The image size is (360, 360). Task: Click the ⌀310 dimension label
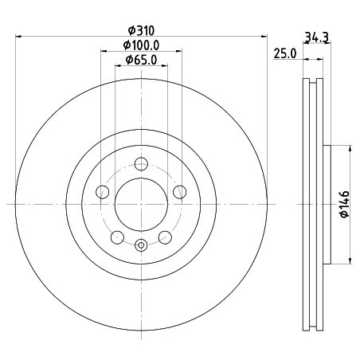pyautogui.click(x=141, y=30)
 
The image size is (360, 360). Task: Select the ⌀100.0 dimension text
pyautogui.click(x=141, y=45)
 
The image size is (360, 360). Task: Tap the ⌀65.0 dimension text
pyautogui.click(x=141, y=60)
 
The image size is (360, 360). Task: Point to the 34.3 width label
pyautogui.click(x=317, y=37)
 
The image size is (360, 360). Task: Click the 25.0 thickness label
pyautogui.click(x=285, y=53)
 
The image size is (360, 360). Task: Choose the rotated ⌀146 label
pyautogui.click(x=345, y=204)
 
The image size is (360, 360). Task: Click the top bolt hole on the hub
pyautogui.click(x=141, y=164)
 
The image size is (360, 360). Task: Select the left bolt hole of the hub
pyautogui.click(x=103, y=192)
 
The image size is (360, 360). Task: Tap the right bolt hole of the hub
pyautogui.click(x=180, y=192)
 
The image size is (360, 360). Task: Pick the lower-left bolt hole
pyautogui.click(x=117, y=237)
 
